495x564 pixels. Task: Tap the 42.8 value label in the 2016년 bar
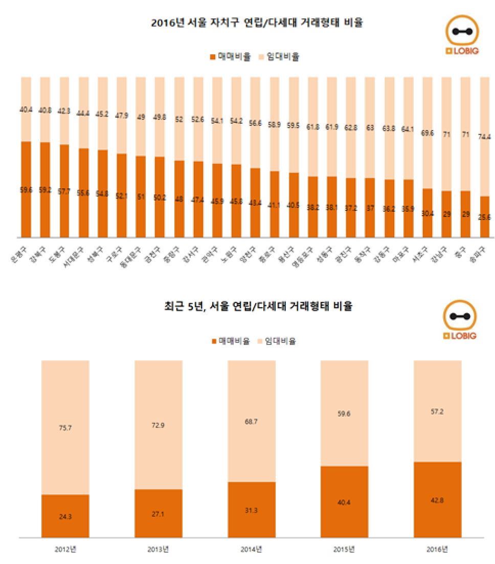437,500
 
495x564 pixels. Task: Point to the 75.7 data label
65,428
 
